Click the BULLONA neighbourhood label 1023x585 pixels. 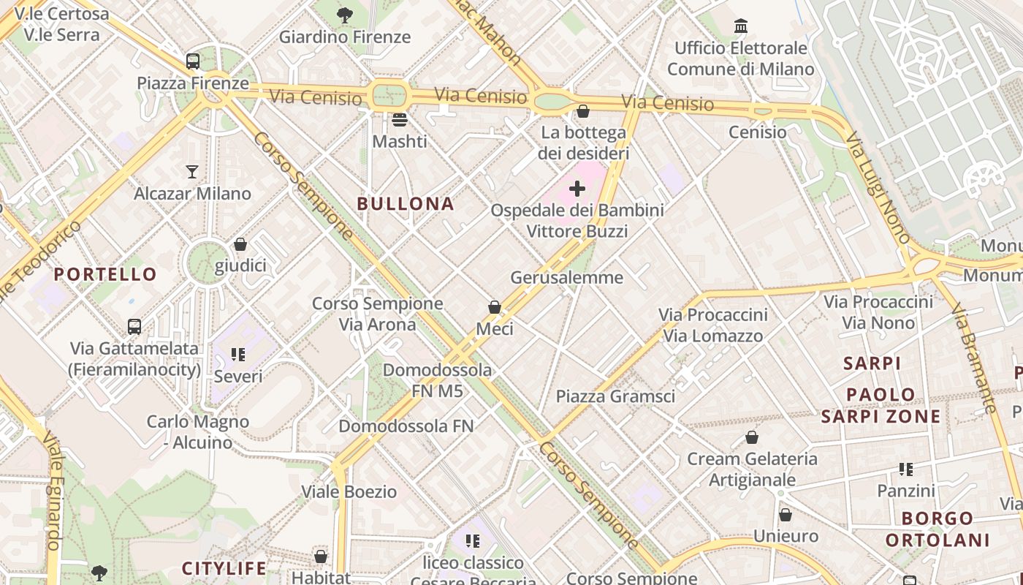[406, 204]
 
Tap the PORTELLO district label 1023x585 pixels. [105, 274]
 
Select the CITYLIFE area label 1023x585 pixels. [224, 568]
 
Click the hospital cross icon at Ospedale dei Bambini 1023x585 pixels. [577, 189]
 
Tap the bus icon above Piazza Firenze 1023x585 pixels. [193, 61]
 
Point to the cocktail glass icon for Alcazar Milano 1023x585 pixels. [192, 172]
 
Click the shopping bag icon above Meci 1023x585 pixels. [495, 307]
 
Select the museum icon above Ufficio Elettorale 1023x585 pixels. [741, 26]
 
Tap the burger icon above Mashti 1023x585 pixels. [399, 119]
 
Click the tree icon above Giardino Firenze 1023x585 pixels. [344, 15]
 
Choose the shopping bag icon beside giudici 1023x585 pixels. [240, 244]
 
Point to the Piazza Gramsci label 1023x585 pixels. [615, 396]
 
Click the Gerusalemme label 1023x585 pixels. [566, 278]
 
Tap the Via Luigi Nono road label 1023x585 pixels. [878, 187]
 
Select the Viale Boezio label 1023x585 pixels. [349, 491]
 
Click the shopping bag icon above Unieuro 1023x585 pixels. [786, 515]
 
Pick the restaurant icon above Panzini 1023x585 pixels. [906, 469]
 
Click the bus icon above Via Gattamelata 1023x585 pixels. [134, 326]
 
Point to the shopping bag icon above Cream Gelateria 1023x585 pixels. [752, 437]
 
